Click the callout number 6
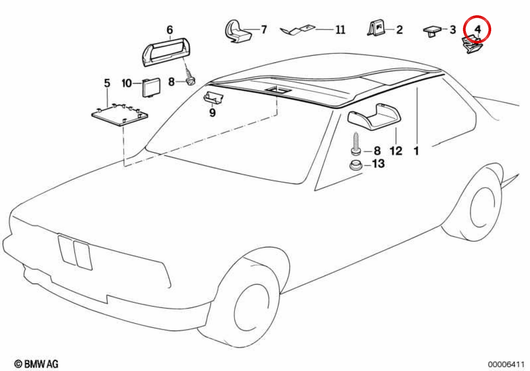click(x=170, y=30)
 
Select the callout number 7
click(x=264, y=30)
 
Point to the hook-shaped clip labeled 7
click(x=237, y=32)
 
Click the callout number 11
click(x=341, y=30)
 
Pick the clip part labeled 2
click(x=376, y=28)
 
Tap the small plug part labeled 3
click(x=432, y=31)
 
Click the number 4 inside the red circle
click(x=478, y=30)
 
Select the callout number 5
click(x=107, y=83)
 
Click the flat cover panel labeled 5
click(x=120, y=114)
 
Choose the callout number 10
click(x=127, y=83)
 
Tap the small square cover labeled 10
click(x=151, y=87)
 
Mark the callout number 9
click(x=212, y=113)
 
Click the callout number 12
click(x=396, y=151)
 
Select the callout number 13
click(x=379, y=164)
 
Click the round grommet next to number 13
click(x=356, y=165)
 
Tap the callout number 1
click(x=416, y=151)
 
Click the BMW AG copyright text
click(x=36, y=363)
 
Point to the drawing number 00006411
click(x=506, y=364)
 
